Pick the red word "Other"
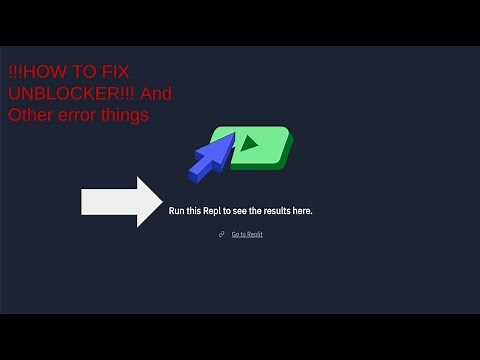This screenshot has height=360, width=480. (28, 114)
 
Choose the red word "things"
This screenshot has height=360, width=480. (125, 114)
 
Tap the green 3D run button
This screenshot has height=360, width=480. (262, 147)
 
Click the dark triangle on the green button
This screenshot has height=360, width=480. (249, 143)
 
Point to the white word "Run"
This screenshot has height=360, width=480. (177, 211)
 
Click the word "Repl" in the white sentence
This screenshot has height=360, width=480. (214, 211)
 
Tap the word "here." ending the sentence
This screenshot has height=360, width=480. (302, 211)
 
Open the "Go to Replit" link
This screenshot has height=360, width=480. (247, 234)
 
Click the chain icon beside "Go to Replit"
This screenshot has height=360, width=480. (221, 234)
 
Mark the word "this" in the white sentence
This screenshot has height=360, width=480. (195, 211)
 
